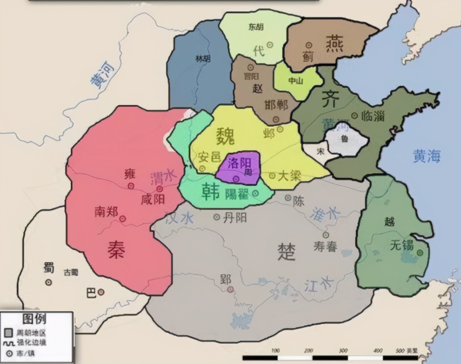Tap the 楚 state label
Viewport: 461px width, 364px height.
286,252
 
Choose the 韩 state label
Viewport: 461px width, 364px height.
211,190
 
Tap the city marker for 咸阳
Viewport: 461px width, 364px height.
160,189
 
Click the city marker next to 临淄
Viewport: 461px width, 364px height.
354,116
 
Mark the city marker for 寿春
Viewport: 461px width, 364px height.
326,235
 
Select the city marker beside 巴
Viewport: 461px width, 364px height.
101,292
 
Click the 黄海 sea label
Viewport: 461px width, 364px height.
427,156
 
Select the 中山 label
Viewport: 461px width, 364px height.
295,81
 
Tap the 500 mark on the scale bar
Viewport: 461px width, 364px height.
402,351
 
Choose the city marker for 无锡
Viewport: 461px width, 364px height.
419,252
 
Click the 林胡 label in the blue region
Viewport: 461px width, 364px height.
203,59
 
